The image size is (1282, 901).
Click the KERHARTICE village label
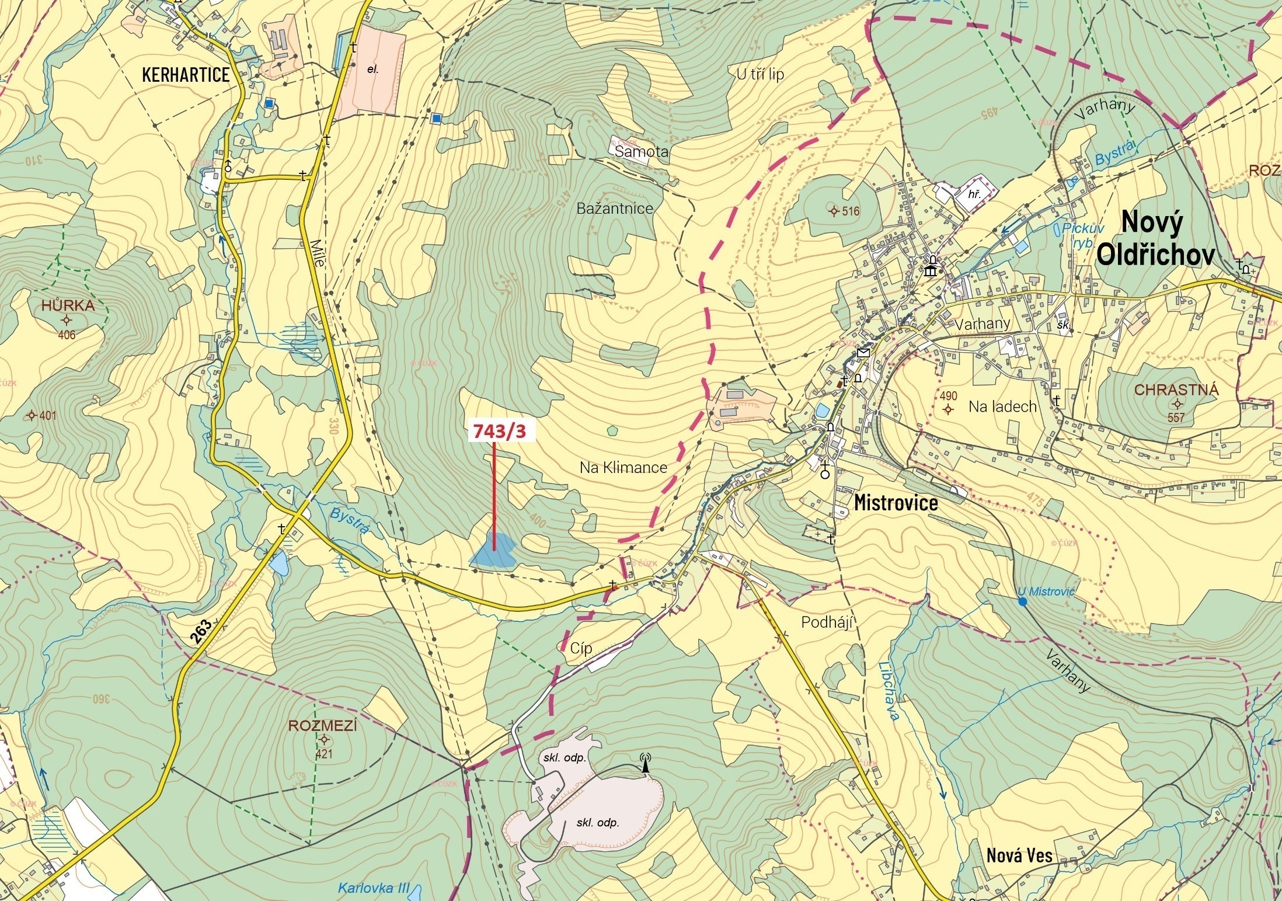point(186,75)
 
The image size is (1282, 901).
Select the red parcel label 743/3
point(499,431)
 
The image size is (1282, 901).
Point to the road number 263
point(201,632)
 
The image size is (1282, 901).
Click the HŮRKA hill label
point(68,305)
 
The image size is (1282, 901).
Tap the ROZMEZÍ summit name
point(322,726)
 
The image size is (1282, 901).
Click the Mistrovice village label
point(896,503)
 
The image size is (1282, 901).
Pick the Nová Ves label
point(1019,855)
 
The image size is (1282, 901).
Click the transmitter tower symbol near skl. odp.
point(645,763)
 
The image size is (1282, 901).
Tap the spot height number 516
point(851,211)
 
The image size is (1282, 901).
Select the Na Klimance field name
point(623,467)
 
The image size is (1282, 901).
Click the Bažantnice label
point(614,208)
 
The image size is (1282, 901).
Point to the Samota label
point(641,152)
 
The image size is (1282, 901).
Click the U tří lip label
point(760,74)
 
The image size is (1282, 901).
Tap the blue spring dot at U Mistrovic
point(1022,602)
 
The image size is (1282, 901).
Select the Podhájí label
point(827,622)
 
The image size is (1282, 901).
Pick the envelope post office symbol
point(863,353)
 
